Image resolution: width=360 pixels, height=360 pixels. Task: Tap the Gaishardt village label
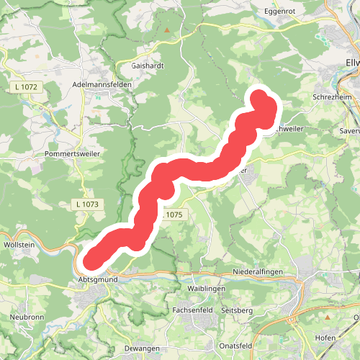click(149, 65)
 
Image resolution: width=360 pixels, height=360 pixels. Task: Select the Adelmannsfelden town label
click(105, 84)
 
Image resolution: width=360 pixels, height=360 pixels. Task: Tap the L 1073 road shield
click(86, 204)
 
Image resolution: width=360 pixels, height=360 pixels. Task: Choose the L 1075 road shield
click(174, 215)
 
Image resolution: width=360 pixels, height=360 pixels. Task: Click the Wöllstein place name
click(20, 245)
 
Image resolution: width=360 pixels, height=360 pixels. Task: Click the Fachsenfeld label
click(193, 310)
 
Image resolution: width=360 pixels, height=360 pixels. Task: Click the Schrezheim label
click(331, 96)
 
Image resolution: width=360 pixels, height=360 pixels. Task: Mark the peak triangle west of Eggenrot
click(167, 31)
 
